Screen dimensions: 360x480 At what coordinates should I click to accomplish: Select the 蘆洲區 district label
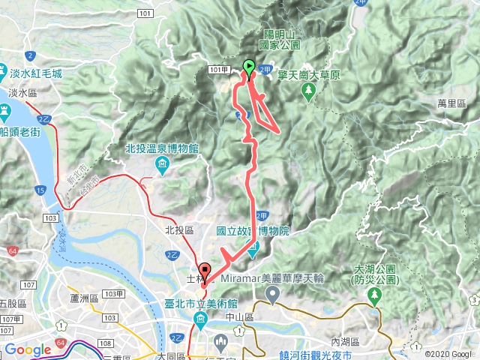tap(82, 298)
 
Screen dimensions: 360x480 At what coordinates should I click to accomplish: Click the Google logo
tap(28, 349)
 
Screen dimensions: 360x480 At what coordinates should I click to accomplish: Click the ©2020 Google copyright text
tap(447, 353)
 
